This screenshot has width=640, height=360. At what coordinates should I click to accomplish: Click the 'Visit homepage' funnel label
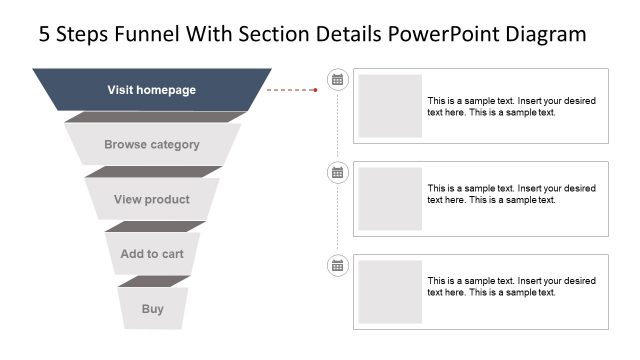[152, 90]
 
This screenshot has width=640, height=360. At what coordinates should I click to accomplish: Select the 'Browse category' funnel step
[152, 145]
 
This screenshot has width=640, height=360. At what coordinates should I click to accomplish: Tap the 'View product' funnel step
[152, 200]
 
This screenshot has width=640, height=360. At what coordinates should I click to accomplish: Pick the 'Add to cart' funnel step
[152, 254]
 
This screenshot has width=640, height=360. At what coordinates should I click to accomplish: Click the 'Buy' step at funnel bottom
[152, 309]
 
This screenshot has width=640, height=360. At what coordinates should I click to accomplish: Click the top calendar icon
[338, 79]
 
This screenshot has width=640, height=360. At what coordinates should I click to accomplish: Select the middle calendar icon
[338, 172]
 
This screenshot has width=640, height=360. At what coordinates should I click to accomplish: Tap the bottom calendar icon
[338, 265]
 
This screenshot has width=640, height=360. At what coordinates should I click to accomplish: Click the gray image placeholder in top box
[390, 106]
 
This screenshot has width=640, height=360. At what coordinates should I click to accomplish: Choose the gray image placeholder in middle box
[390, 199]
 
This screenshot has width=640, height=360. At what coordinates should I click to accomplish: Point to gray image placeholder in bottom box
[390, 292]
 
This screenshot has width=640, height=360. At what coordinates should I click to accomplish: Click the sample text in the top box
[511, 106]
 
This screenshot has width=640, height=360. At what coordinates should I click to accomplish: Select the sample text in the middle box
[511, 193]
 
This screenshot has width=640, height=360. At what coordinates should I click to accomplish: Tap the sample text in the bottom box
[511, 286]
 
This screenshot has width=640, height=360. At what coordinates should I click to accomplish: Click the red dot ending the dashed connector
[316, 90]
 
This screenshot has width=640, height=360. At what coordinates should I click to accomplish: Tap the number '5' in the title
[44, 35]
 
